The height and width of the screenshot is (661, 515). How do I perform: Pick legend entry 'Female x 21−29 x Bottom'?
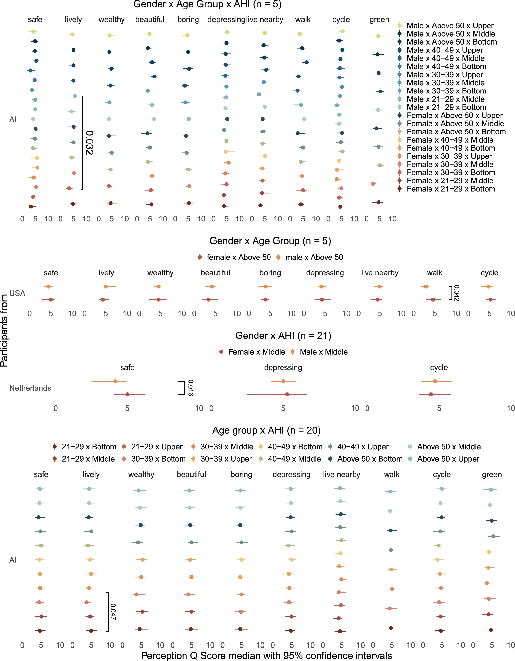coord(451,189)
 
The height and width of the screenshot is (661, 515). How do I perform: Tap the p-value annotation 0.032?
coord(89,143)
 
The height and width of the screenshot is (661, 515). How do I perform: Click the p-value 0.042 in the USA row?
coord(457,293)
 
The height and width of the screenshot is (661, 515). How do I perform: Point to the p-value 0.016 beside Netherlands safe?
coord(191,388)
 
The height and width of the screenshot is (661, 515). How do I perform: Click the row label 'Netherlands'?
coord(30,388)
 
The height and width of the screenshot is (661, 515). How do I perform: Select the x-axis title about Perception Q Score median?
coord(266,656)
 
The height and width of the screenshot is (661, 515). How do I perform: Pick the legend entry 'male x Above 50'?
coord(314,257)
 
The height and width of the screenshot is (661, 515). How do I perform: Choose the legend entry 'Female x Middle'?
coord(257,352)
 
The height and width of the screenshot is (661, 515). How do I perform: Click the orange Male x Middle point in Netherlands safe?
coord(115,381)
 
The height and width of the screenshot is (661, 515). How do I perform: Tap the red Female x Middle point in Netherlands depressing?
coord(287,394)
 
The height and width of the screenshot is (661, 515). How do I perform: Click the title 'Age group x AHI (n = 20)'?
coord(266,430)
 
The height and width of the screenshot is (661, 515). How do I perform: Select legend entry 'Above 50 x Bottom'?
coord(369,459)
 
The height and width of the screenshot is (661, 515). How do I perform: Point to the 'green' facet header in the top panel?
coord(379,20)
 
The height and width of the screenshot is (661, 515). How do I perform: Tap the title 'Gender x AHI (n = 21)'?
coord(283,336)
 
